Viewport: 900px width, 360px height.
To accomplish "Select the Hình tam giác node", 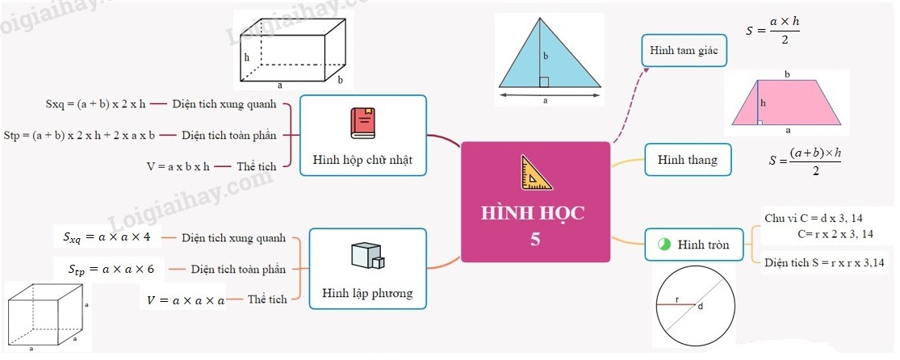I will [x=684, y=51].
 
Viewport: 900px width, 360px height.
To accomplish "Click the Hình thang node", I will [x=687, y=160].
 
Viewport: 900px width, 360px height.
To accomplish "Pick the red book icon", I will [x=362, y=123].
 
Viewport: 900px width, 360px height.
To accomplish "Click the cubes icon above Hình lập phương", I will [x=367, y=256].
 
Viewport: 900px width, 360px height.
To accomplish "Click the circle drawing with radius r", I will [x=695, y=306].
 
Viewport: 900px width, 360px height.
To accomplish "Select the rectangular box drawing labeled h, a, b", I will [x=294, y=49].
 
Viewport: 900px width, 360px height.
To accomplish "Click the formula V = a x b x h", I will [x=178, y=166].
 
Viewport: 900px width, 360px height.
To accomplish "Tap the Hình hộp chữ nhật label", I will [x=362, y=160].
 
